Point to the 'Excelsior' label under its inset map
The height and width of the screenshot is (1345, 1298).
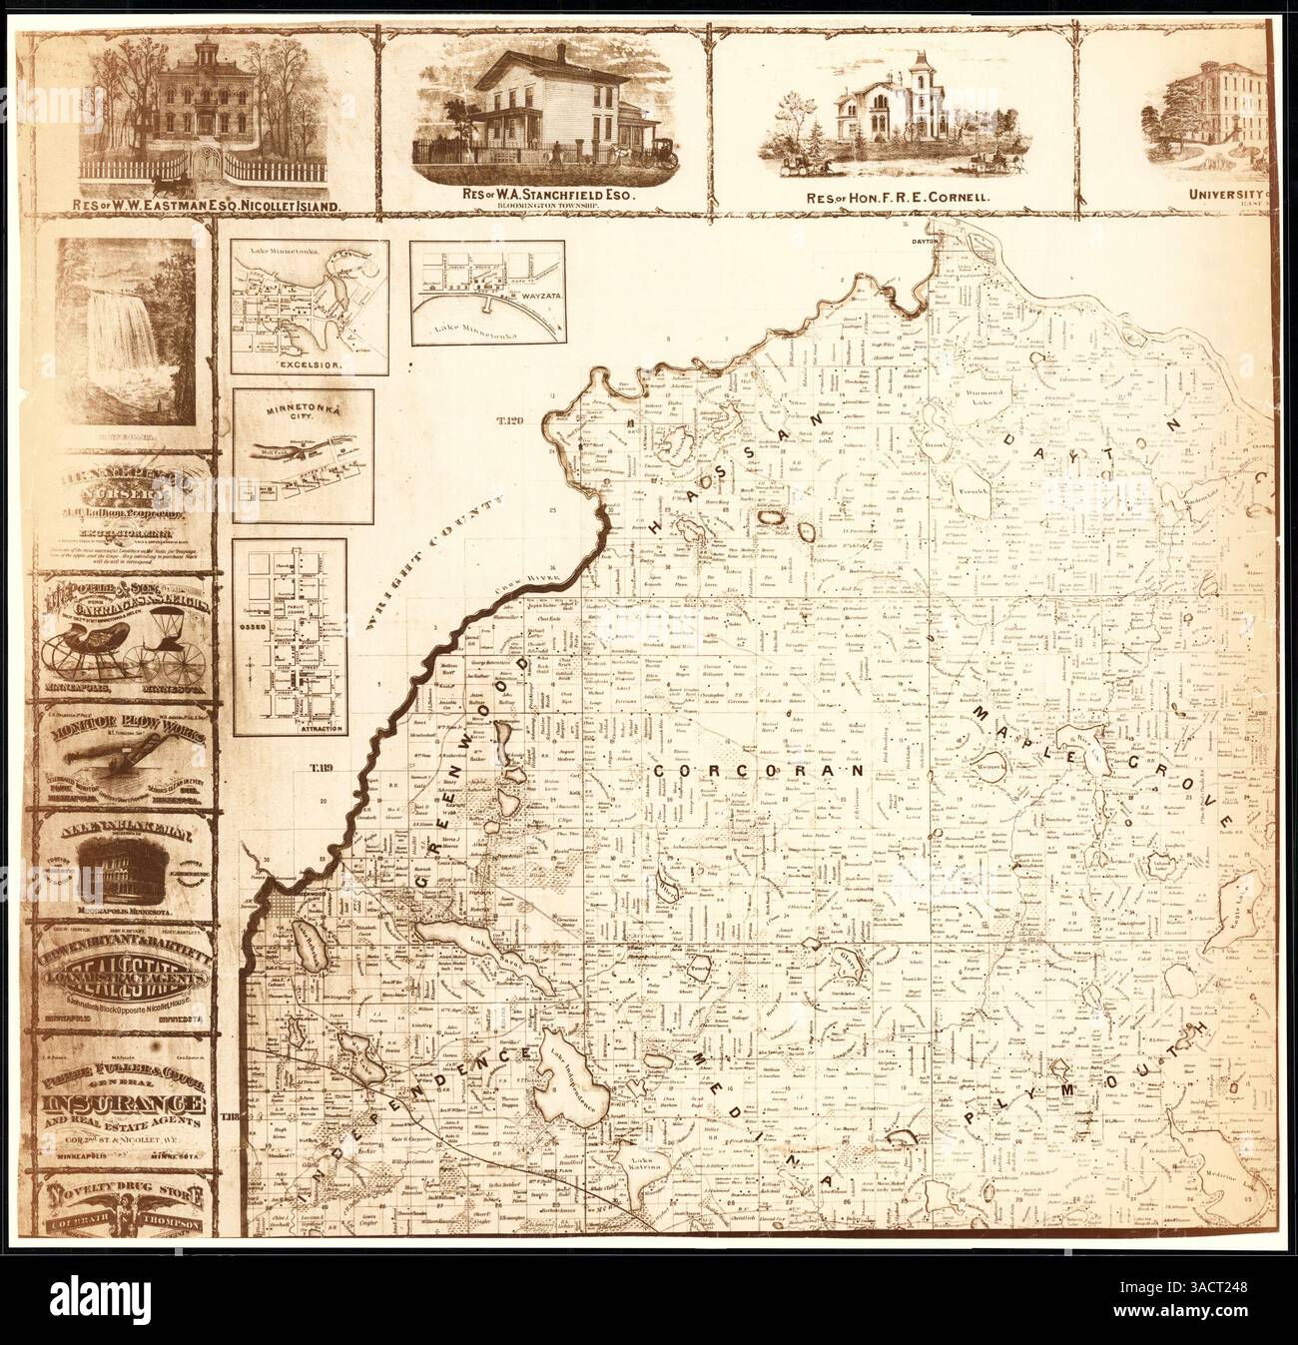click(x=309, y=364)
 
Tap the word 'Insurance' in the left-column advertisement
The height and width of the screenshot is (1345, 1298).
click(x=125, y=1105)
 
